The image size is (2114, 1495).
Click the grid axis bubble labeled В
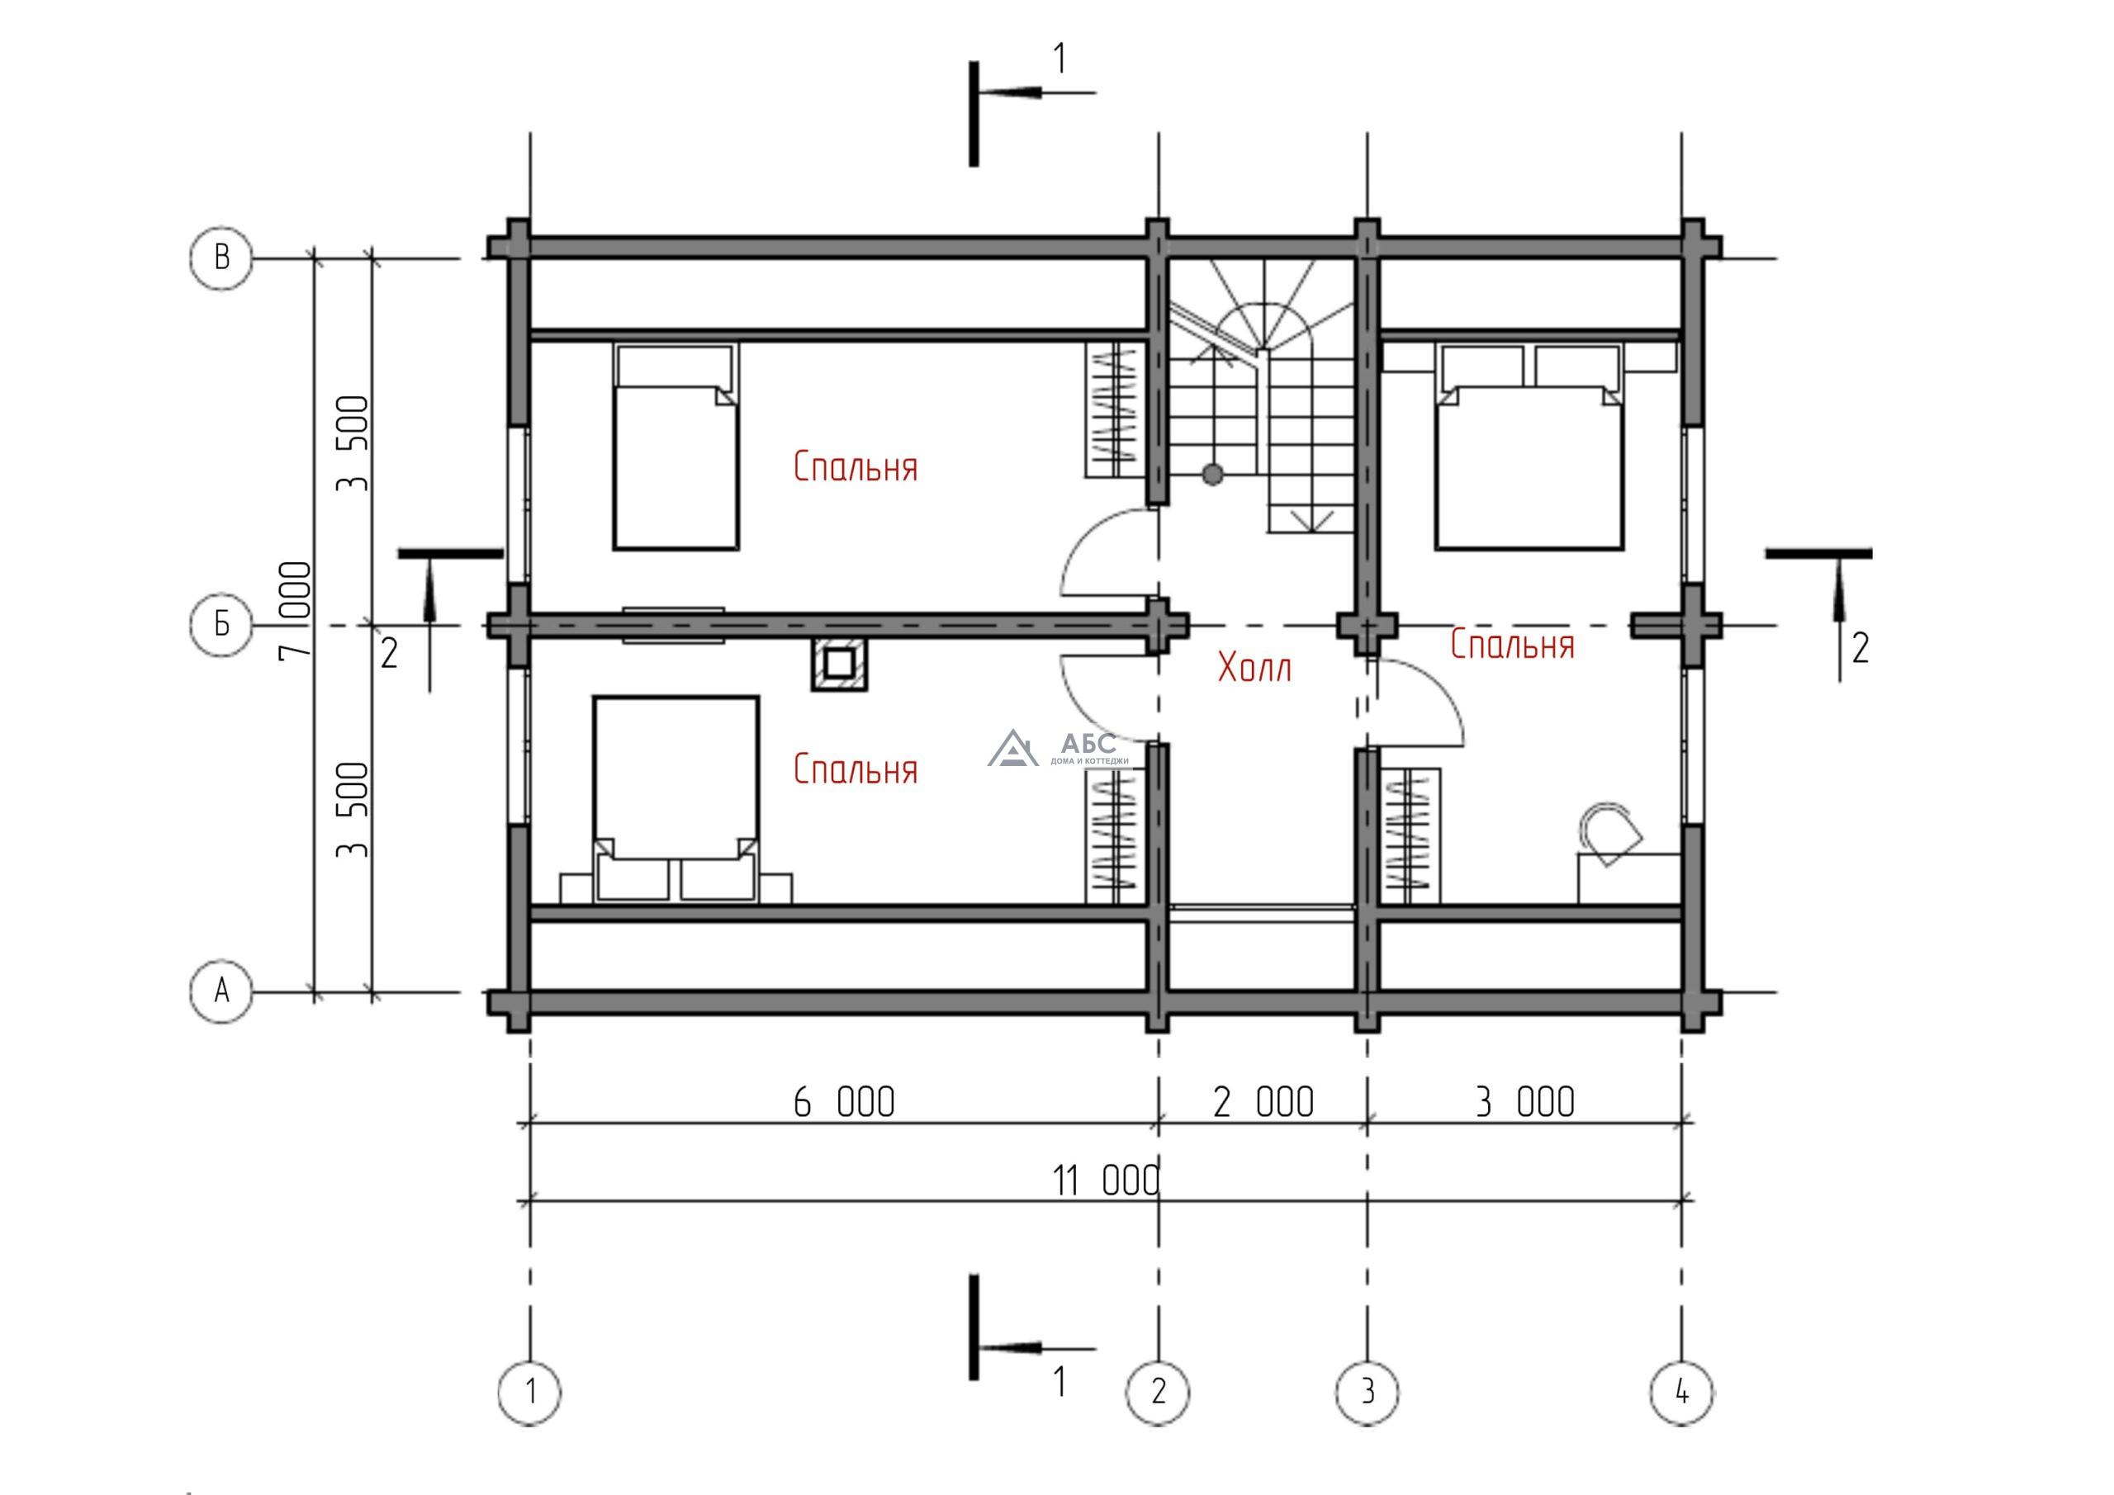click(x=221, y=258)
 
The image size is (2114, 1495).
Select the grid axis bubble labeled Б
click(x=221, y=625)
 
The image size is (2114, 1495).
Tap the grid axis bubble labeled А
click(x=221, y=992)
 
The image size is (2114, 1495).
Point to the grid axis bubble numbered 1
click(x=529, y=1392)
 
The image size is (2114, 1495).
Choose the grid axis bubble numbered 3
click(x=1367, y=1392)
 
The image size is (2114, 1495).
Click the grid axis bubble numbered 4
click(x=1682, y=1392)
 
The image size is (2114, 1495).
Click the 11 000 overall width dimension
click(x=1106, y=1180)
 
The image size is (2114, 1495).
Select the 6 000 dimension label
click(x=844, y=1102)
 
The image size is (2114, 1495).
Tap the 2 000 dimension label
click(x=1263, y=1102)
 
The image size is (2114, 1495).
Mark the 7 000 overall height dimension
click(x=296, y=609)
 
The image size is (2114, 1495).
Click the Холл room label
click(x=1254, y=667)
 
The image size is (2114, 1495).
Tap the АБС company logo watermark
click(x=1057, y=749)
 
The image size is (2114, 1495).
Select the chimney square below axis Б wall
click(x=839, y=663)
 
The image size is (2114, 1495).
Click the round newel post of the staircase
click(x=1212, y=474)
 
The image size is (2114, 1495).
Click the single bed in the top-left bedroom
click(x=675, y=447)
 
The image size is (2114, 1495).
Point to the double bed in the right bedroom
click(x=1529, y=447)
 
